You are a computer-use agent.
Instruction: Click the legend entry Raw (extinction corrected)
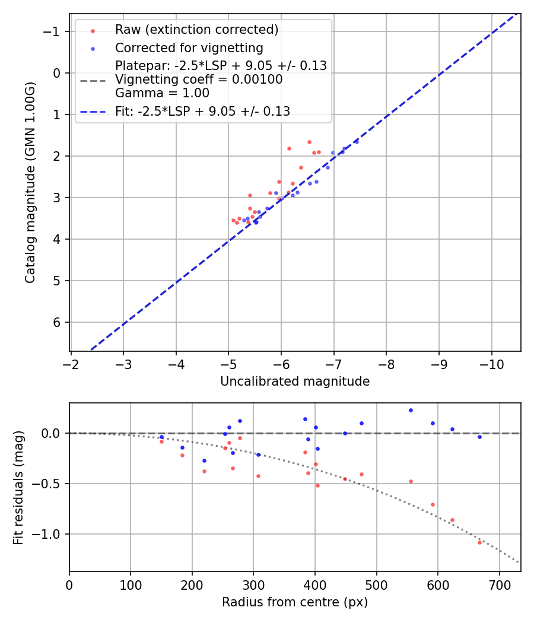[x=196, y=29]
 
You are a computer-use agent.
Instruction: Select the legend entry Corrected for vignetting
[x=189, y=47]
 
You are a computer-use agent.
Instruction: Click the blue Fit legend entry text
[x=202, y=111]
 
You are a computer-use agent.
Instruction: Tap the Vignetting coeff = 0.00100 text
[x=198, y=79]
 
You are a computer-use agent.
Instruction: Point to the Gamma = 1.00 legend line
[x=162, y=93]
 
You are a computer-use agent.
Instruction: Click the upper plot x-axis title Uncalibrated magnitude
[x=295, y=382]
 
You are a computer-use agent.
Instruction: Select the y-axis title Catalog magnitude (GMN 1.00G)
[x=31, y=182]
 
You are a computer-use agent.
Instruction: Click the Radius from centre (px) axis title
[x=295, y=602]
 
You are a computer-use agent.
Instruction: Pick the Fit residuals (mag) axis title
[x=18, y=487]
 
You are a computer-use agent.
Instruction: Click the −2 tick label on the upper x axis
[x=71, y=363]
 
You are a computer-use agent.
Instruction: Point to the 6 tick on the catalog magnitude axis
[x=58, y=322]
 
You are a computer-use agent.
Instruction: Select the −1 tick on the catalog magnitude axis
[x=52, y=31]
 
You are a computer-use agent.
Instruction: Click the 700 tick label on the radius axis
[x=499, y=584]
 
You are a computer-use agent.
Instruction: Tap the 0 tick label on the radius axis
[x=69, y=584]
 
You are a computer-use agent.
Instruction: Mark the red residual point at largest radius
[x=479, y=542]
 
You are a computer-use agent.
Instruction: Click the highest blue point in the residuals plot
[x=411, y=410]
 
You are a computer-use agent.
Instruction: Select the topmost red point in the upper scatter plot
[x=309, y=142]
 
